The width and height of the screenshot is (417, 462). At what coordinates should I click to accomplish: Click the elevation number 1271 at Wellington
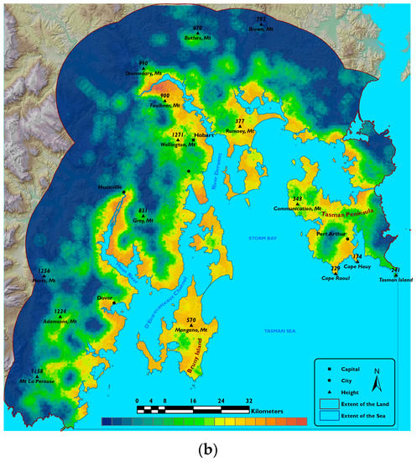pos(177,134)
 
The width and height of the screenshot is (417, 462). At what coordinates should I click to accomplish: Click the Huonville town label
pos(110,186)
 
